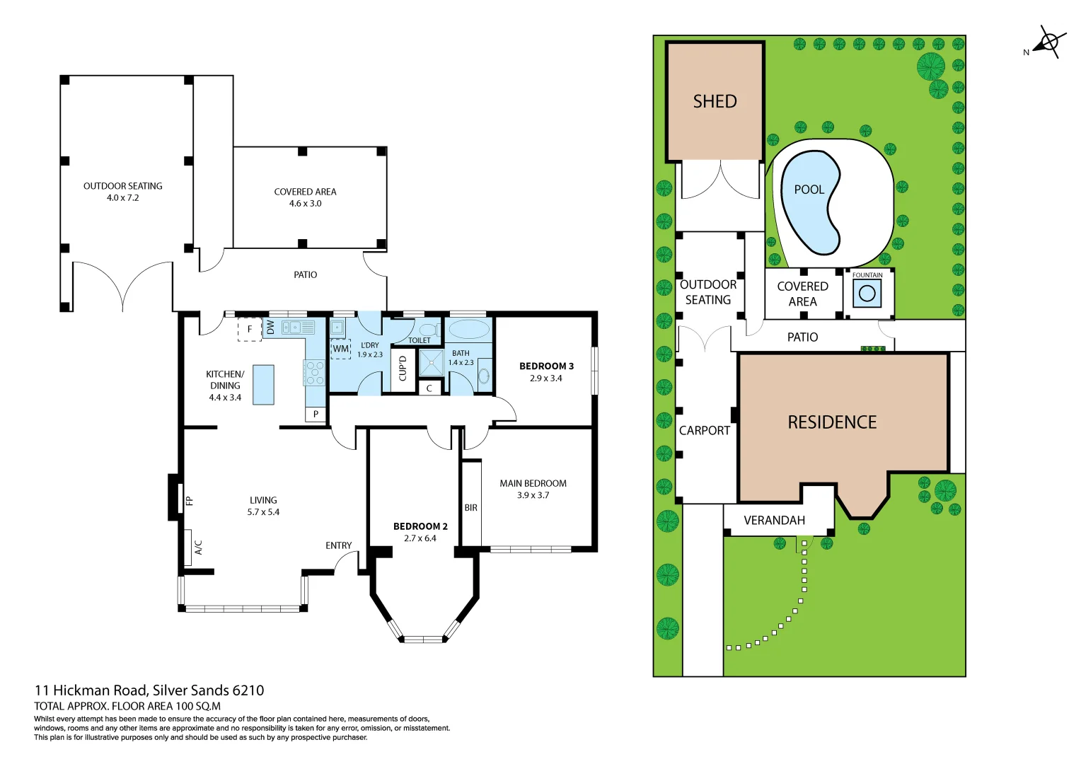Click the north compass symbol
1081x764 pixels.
point(1048,42)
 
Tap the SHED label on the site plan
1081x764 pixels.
point(715,101)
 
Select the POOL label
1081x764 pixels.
point(809,190)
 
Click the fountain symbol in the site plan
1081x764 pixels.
point(867,293)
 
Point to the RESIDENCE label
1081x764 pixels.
point(832,422)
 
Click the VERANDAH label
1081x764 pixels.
point(774,521)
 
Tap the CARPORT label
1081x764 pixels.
point(704,430)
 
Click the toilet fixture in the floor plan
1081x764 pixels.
point(429,330)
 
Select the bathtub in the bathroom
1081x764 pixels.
point(469,330)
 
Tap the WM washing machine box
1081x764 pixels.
point(341,349)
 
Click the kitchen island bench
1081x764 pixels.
point(263,385)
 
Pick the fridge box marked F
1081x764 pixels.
point(249,330)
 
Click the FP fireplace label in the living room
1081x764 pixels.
point(189,501)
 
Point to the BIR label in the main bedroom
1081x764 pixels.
point(471,508)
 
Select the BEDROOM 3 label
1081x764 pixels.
point(546,366)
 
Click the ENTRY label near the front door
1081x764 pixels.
point(338,545)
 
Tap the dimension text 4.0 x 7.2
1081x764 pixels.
point(122,198)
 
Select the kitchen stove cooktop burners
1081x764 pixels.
point(314,373)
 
